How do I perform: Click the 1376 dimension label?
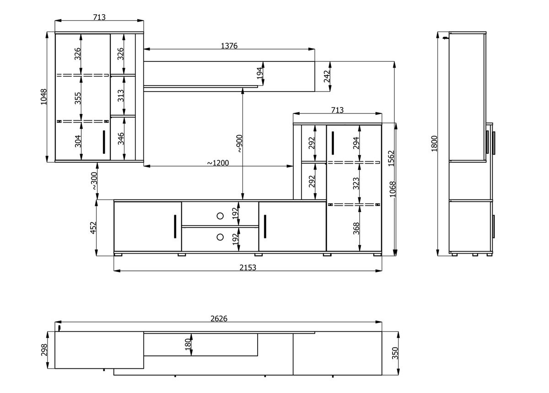tap(229, 46)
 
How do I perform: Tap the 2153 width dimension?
tap(248, 267)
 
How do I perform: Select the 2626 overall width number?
tap(219, 318)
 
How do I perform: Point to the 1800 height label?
tap(434, 144)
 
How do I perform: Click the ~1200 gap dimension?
tap(218, 163)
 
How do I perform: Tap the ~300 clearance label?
tap(94, 181)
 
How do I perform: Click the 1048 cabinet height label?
tap(43, 97)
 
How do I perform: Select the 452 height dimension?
tap(93, 228)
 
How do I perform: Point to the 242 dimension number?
tap(327, 76)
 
